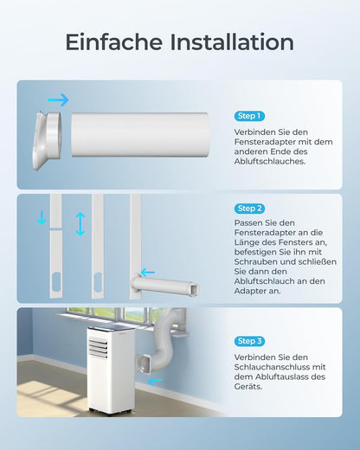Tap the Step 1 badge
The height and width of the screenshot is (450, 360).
(249, 116)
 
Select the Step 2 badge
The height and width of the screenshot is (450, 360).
(249, 209)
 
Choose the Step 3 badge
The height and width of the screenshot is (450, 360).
(249, 342)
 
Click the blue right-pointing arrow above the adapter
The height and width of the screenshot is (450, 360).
(58, 100)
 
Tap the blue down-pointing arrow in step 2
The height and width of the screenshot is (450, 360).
(42, 217)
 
